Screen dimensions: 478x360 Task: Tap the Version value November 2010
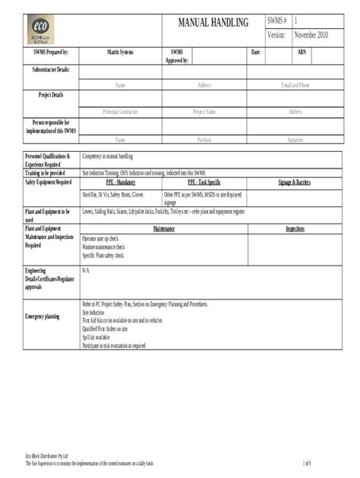(x=311, y=36)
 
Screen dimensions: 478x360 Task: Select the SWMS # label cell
(x=276, y=20)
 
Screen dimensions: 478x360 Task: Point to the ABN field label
(x=302, y=52)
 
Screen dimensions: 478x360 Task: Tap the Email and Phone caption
(x=295, y=86)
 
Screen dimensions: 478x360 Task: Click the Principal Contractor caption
(x=120, y=112)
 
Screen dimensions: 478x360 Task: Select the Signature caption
(x=295, y=140)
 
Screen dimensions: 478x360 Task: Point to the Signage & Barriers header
(x=295, y=183)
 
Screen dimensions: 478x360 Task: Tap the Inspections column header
(x=295, y=228)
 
